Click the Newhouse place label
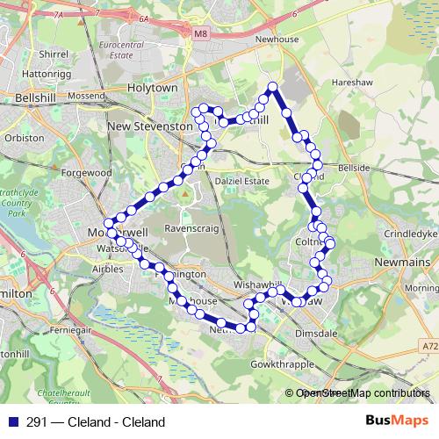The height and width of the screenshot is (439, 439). pos(277,40)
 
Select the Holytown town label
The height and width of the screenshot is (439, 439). pos(152,89)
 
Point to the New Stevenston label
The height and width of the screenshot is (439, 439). pos(149,126)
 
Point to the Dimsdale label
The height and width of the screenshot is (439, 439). pos(317,334)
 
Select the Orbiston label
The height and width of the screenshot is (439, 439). pos(24,138)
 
